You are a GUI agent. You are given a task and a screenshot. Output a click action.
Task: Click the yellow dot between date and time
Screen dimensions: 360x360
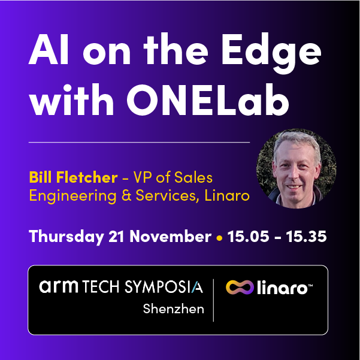(219, 237)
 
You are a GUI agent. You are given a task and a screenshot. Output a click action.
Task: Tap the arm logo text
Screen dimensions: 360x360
(58, 287)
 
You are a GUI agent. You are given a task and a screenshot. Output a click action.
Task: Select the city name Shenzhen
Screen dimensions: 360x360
(174, 309)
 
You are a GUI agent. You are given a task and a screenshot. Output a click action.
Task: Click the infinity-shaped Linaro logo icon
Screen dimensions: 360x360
(238, 288)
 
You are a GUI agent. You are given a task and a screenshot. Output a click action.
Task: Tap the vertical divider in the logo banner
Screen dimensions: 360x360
(214, 300)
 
